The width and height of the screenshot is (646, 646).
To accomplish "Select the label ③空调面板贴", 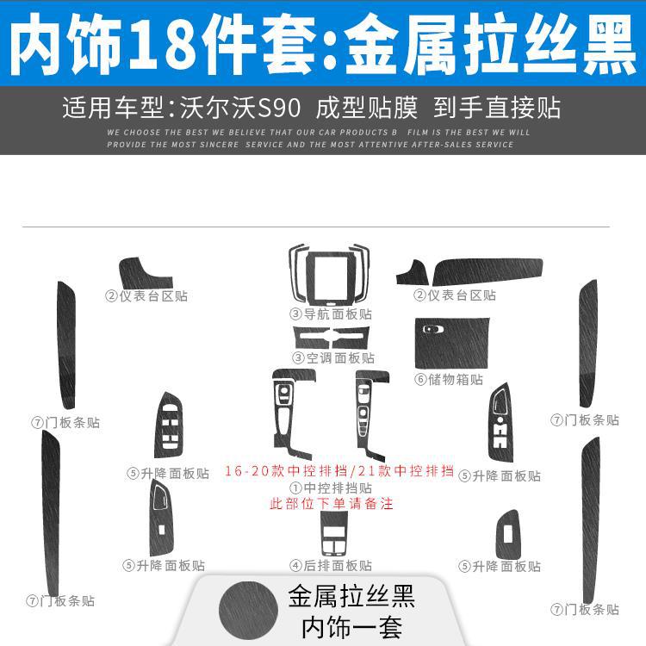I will pos(332,357).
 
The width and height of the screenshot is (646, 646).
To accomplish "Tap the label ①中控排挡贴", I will pos(332,488).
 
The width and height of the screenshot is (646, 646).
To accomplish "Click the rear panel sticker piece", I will pos(332,534).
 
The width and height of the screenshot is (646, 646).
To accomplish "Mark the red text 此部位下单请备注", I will pos(332,504).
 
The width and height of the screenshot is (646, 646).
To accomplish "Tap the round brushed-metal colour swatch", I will pos(249,608).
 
